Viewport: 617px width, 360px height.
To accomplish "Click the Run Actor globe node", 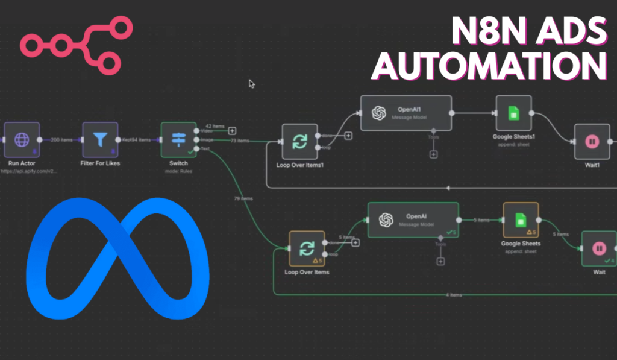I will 22,140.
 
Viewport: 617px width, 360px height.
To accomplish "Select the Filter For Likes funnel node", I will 99,140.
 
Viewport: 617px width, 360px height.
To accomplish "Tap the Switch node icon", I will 178,140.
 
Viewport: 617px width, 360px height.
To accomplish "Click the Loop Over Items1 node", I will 299,142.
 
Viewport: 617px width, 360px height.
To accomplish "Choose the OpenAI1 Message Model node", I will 406,113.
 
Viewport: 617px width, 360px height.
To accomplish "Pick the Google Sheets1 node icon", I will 513,113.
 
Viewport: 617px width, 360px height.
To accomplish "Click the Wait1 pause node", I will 592,142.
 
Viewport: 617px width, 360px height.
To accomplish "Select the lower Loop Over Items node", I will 307,248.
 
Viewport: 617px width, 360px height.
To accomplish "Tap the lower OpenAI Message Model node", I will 413,220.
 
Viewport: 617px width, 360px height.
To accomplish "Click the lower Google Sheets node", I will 521,220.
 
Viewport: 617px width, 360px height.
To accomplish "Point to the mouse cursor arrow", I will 251,83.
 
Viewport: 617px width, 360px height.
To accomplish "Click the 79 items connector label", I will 242,198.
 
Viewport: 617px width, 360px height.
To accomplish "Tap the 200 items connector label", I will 61,140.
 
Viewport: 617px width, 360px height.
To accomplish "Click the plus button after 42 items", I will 232,130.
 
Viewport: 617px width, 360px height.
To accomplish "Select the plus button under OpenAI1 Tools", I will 433,154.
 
